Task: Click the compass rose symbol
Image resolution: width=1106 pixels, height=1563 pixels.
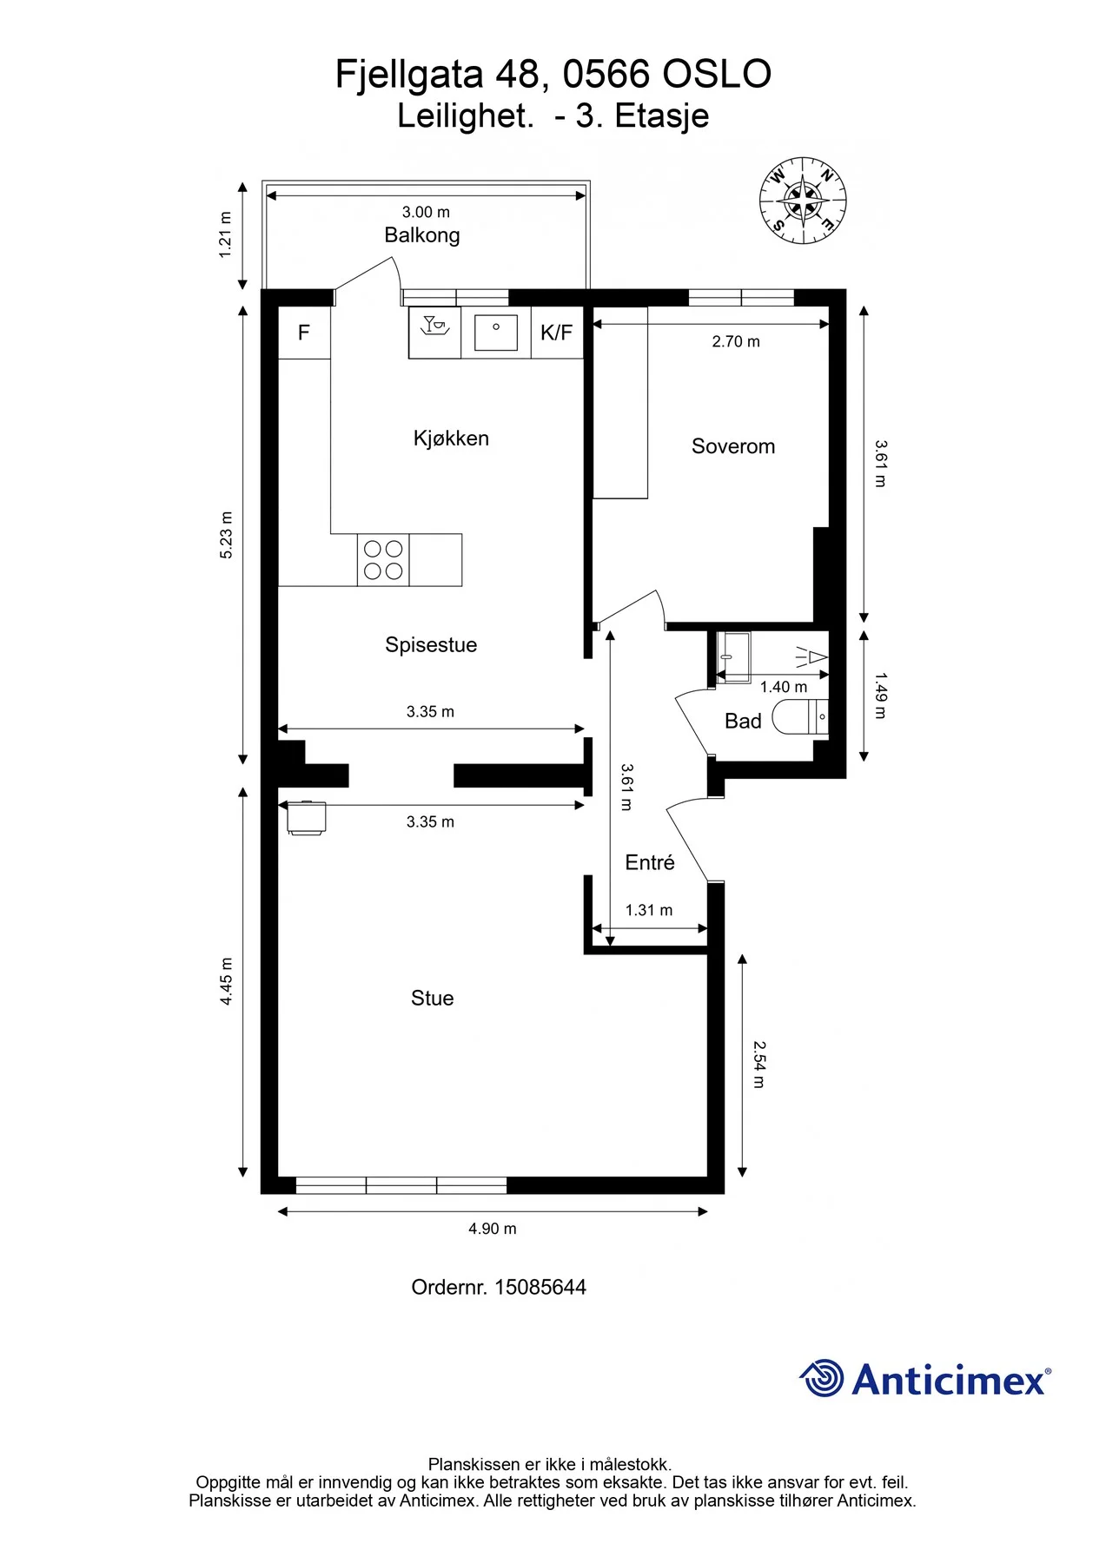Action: (803, 201)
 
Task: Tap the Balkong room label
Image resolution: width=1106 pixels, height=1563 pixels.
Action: (422, 235)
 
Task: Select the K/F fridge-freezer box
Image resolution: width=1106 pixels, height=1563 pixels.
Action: (556, 333)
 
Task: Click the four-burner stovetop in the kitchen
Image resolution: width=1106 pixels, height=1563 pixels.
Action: (383, 560)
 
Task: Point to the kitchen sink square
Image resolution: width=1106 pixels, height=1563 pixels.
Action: (496, 333)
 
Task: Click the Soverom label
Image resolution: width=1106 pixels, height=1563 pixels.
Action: (733, 446)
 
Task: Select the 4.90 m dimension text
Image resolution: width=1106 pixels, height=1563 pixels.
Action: (493, 1229)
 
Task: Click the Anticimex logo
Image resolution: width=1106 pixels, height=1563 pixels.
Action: (925, 1379)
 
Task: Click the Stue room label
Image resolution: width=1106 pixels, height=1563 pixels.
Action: (433, 999)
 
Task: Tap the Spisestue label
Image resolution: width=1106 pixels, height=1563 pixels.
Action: (431, 645)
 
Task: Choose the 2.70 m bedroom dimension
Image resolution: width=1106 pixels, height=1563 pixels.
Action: (736, 342)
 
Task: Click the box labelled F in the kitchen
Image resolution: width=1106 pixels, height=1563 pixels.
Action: (304, 333)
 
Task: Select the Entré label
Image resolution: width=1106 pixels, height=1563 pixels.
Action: (650, 862)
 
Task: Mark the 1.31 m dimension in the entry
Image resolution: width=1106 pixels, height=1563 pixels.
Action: (649, 910)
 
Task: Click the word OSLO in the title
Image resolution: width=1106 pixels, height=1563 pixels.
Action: (717, 75)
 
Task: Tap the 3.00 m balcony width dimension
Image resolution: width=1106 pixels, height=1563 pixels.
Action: (426, 212)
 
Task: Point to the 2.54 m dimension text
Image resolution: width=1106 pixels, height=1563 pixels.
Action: (758, 1065)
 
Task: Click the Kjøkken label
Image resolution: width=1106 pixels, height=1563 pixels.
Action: (451, 439)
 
